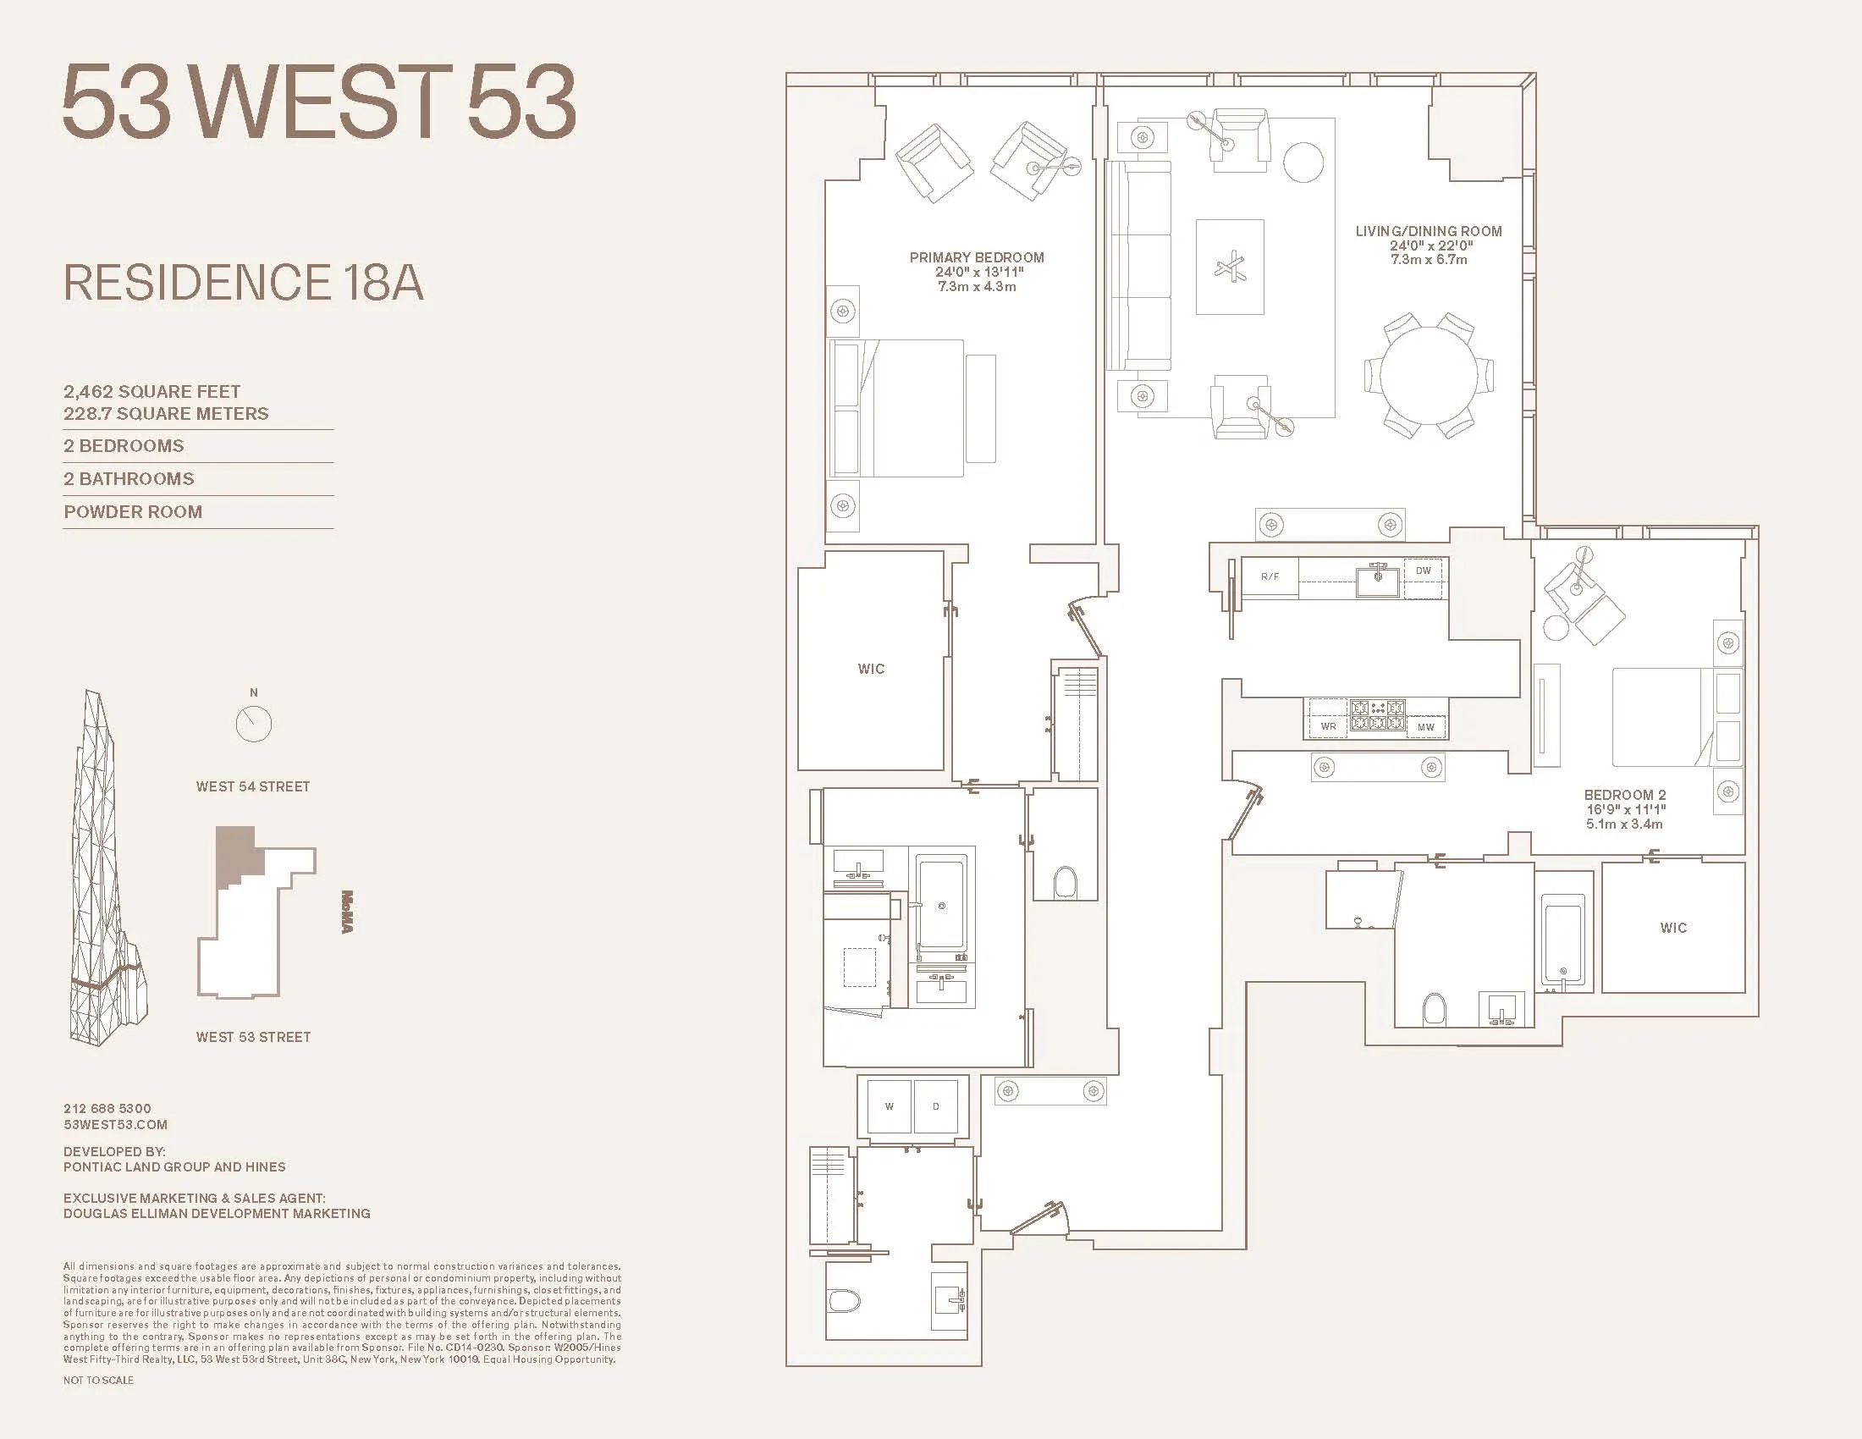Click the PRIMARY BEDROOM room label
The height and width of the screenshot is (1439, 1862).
[976, 257]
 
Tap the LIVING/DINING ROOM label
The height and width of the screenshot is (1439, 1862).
[1428, 231]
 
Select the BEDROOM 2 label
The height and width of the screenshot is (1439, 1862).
[1624, 795]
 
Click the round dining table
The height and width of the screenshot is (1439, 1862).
[1428, 376]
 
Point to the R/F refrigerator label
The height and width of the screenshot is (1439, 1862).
[1270, 577]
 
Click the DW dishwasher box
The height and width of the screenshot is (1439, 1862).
[1423, 571]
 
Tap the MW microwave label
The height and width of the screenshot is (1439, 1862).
[1425, 727]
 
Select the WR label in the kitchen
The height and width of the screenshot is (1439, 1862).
[1327, 726]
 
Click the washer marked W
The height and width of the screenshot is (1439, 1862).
[889, 1106]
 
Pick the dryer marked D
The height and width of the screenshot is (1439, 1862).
[935, 1106]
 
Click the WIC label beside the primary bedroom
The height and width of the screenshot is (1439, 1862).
[870, 669]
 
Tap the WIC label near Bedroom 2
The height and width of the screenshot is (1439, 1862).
[1672, 928]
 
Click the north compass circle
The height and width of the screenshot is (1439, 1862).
[253, 725]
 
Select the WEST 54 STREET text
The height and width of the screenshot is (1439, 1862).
[252, 786]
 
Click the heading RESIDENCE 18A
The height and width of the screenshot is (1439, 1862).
[243, 283]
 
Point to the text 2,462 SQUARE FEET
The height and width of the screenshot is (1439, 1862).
[151, 391]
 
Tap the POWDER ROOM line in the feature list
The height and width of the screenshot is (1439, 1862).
[133, 511]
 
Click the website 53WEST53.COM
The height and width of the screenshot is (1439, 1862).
[115, 1124]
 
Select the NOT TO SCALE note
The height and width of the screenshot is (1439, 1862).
[98, 1381]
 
